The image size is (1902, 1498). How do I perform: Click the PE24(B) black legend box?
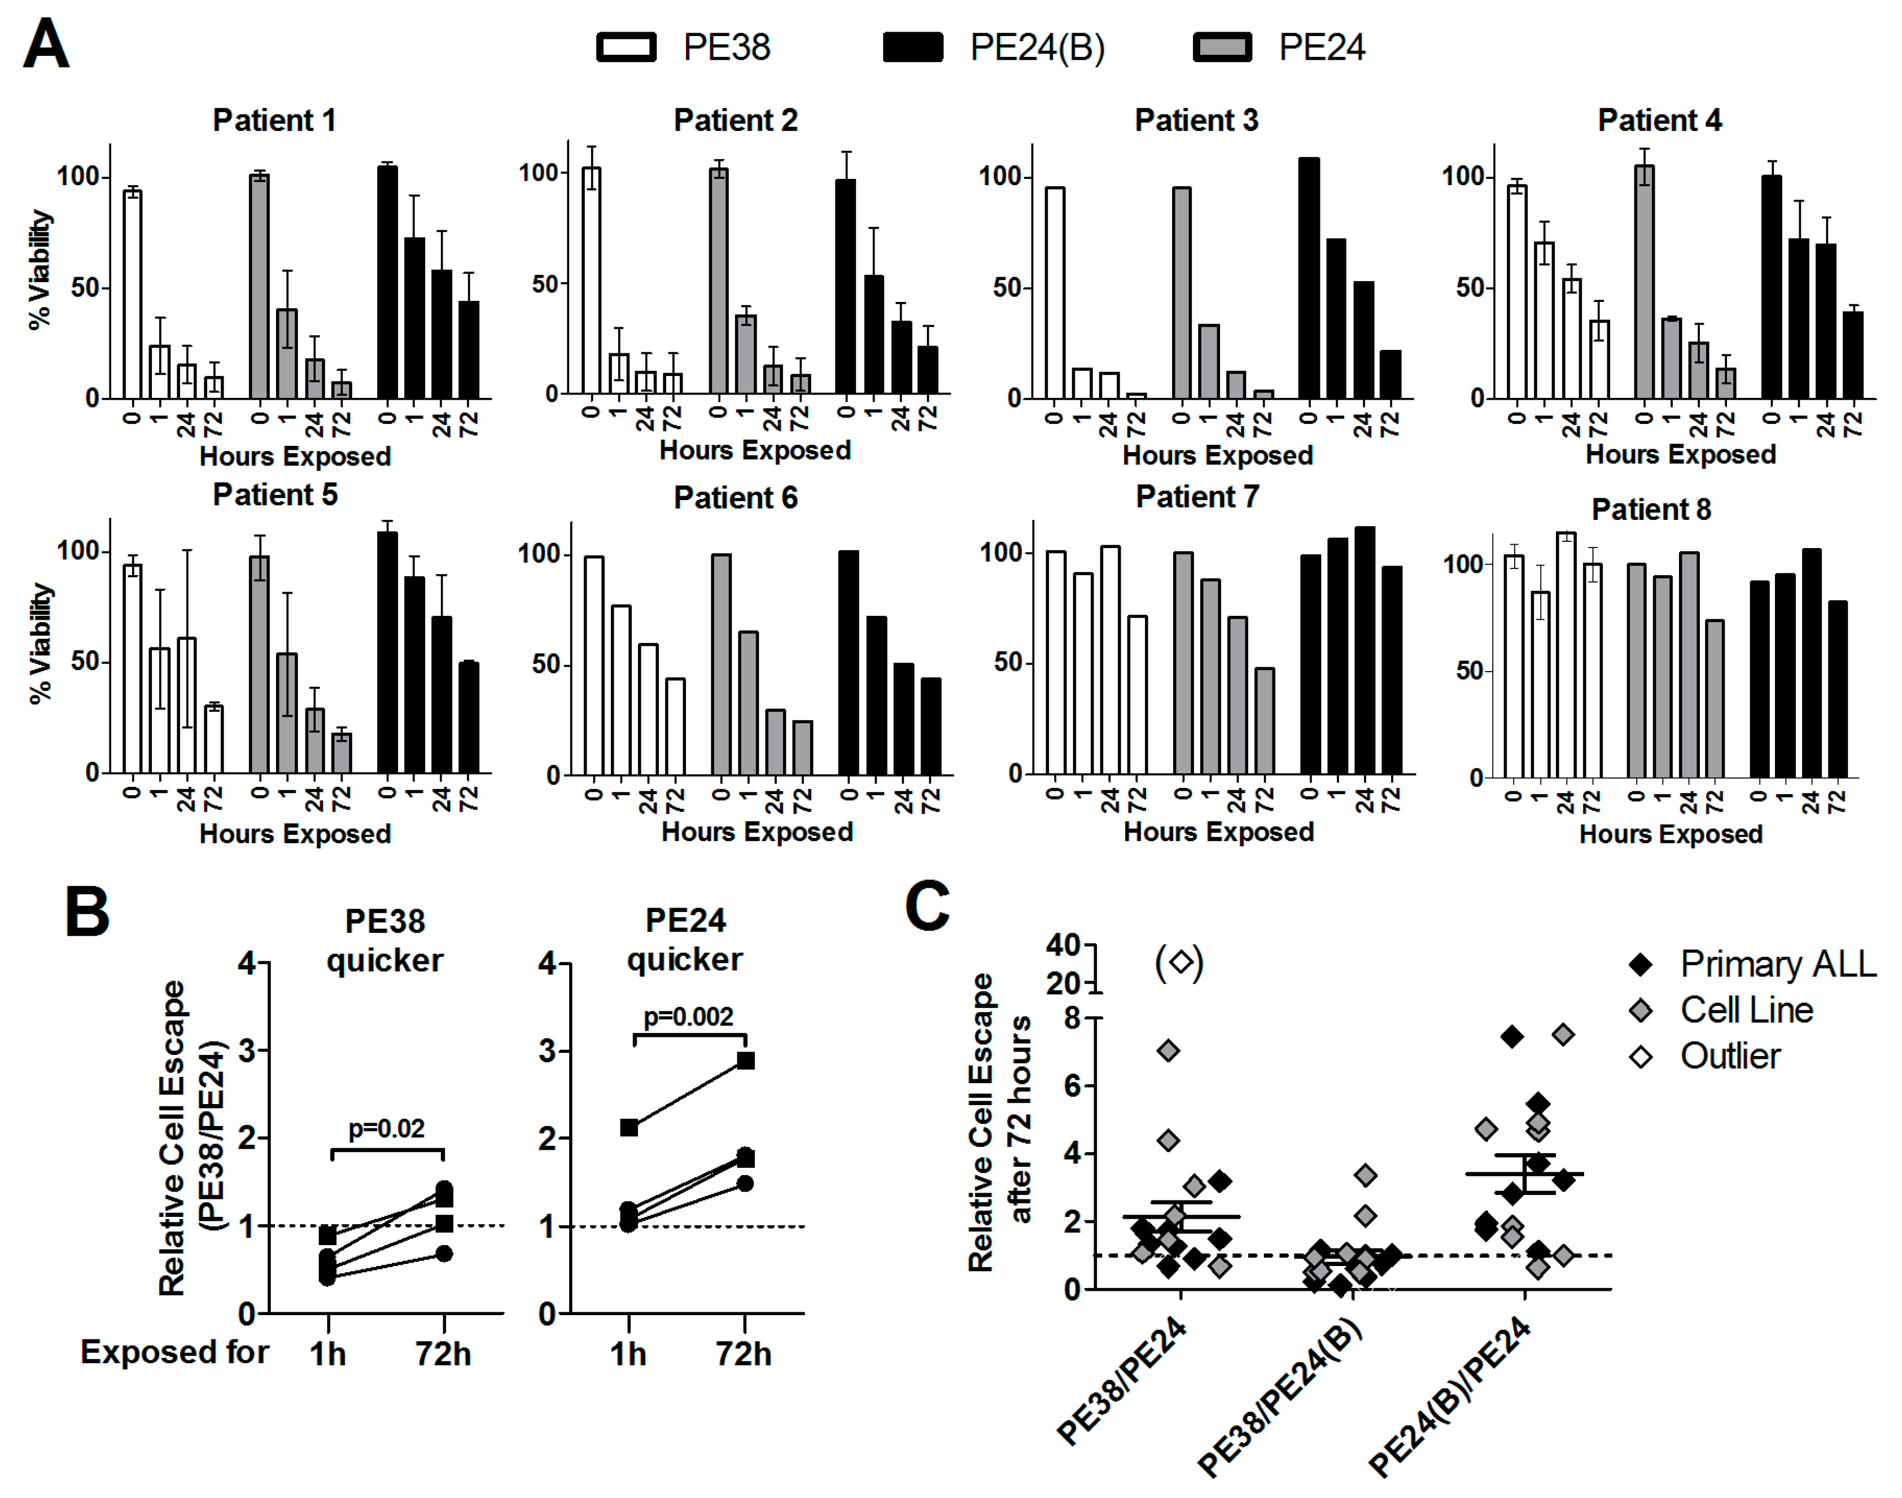coord(912,47)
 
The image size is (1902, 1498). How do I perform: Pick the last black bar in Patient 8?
coord(1837,689)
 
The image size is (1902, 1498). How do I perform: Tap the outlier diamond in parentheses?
coord(1180,962)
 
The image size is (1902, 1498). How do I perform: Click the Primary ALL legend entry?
coord(1777,964)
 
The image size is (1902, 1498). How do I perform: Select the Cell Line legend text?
coord(1746,1010)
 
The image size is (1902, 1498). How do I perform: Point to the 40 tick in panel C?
coord(1063,945)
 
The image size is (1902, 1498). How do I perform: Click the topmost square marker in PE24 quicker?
coord(745,1061)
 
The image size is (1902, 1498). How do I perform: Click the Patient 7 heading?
coord(1197,497)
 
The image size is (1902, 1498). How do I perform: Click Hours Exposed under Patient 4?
coord(1680,454)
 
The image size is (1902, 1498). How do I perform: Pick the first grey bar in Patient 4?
coord(1644,282)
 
